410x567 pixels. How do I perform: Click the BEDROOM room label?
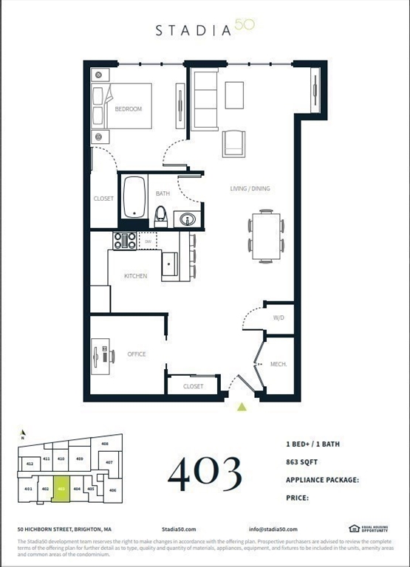(128, 109)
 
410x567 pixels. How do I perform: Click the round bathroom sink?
(187, 219)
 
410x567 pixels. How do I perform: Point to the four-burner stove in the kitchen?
(124, 241)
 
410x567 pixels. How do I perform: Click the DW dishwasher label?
(148, 241)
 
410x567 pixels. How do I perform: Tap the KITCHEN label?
(135, 276)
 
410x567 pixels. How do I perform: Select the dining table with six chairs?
(265, 236)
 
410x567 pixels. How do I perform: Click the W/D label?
(279, 318)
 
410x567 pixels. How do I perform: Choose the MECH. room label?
(278, 364)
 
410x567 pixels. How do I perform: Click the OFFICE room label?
(137, 354)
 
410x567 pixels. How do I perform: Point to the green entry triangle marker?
(241, 406)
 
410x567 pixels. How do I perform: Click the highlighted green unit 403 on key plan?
(61, 489)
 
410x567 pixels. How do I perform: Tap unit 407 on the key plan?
(109, 463)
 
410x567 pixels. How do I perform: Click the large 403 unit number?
(205, 473)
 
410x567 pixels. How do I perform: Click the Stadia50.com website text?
(178, 529)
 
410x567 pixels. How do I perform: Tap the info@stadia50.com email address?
(273, 529)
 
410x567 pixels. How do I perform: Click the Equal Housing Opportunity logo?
(368, 529)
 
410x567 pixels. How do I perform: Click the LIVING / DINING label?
(250, 189)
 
